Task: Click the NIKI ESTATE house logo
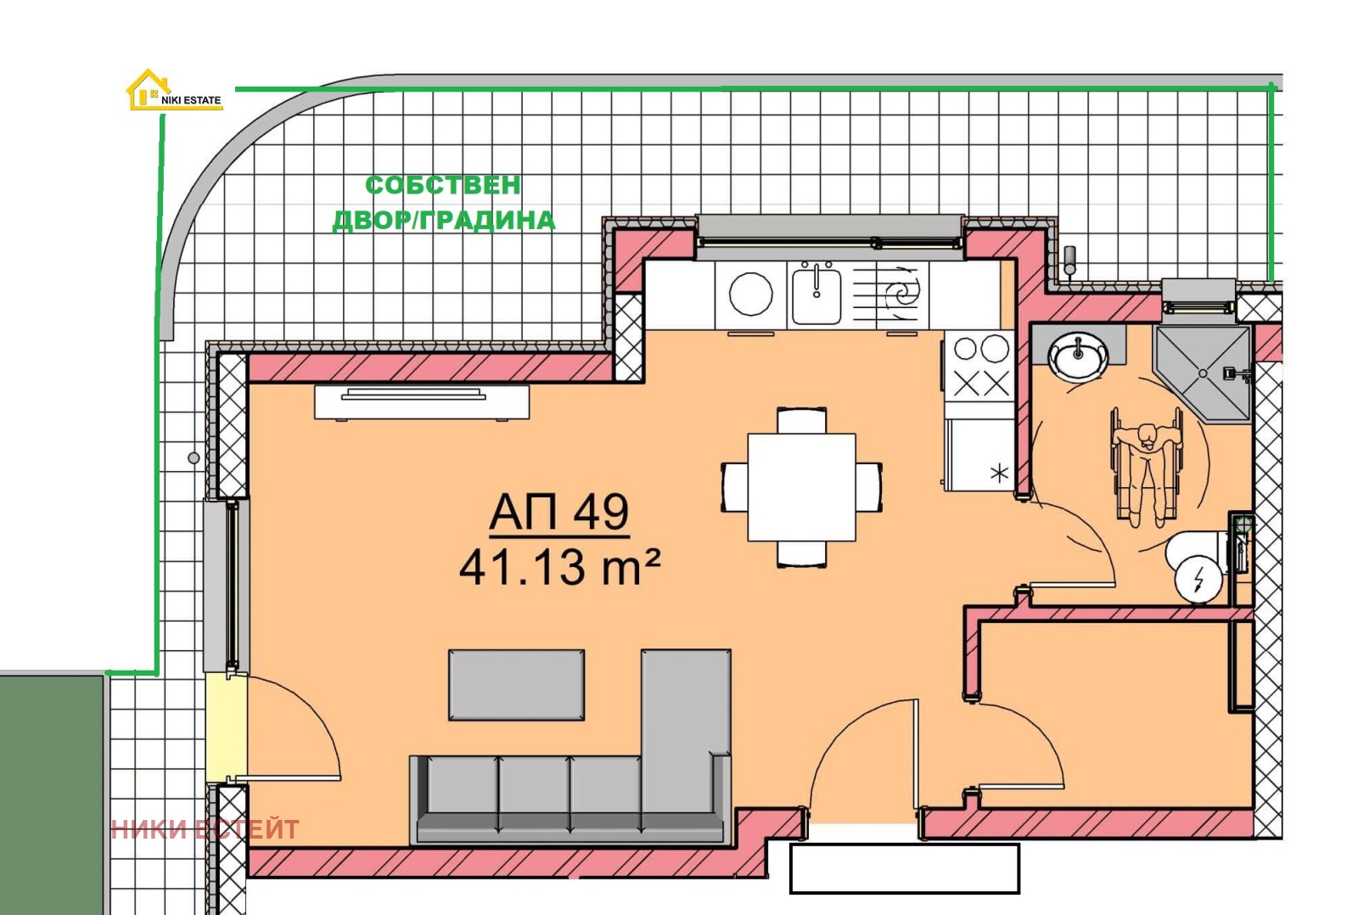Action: (175, 90)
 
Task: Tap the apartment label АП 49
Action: (559, 513)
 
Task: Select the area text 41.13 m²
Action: (559, 568)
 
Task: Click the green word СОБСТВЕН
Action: (442, 186)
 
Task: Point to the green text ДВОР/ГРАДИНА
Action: (444, 221)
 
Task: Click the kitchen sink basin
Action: (816, 294)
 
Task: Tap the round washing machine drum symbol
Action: (750, 294)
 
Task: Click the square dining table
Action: (801, 487)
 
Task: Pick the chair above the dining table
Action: (801, 420)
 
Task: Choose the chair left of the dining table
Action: (734, 487)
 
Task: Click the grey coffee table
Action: (517, 685)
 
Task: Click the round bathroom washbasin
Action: (1079, 357)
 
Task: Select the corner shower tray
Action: (1203, 373)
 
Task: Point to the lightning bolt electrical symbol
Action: (1198, 579)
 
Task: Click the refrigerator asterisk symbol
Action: (999, 473)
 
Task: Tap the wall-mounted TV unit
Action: (422, 401)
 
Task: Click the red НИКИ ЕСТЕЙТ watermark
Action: (205, 829)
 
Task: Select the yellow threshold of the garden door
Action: (226, 727)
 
